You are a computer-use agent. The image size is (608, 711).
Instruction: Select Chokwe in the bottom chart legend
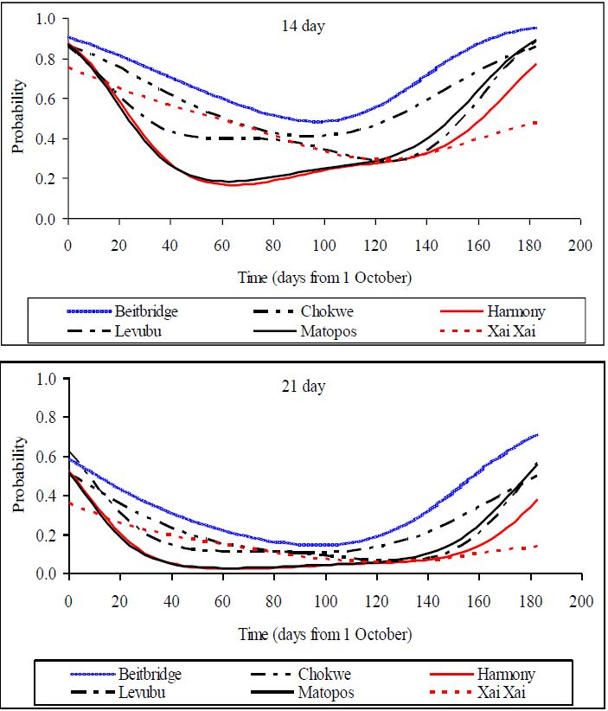[325, 673]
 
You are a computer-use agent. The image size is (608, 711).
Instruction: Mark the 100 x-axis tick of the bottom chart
[325, 600]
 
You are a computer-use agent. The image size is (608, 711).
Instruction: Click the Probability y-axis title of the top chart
[18, 117]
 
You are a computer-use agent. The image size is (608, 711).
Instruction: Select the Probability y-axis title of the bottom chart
[18, 476]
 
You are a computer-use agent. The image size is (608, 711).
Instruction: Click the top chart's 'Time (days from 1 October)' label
[325, 278]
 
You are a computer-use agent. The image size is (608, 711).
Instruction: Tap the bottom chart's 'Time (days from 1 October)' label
[325, 634]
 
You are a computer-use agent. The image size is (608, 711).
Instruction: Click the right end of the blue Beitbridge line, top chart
[536, 29]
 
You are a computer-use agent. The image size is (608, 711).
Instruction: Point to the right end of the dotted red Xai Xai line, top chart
[536, 123]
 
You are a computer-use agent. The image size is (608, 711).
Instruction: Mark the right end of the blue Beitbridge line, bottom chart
[536, 435]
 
